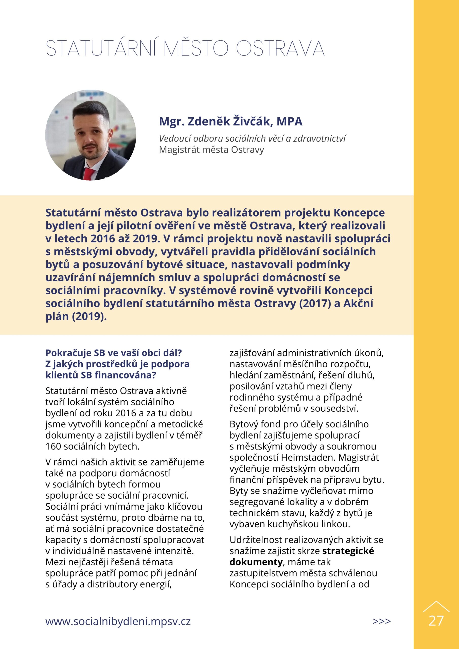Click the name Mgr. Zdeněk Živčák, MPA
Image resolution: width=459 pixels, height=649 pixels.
(231, 121)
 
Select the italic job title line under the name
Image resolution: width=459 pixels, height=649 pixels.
(252, 138)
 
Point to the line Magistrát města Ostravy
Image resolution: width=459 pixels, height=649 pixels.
(211, 150)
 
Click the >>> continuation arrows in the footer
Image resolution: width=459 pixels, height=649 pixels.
(381, 621)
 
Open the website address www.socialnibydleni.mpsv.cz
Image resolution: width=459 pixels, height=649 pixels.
(118, 621)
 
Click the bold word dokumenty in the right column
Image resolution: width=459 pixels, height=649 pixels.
(256, 562)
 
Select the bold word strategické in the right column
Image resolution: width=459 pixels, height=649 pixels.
(348, 551)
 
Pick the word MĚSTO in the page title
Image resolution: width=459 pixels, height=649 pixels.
(196, 48)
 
